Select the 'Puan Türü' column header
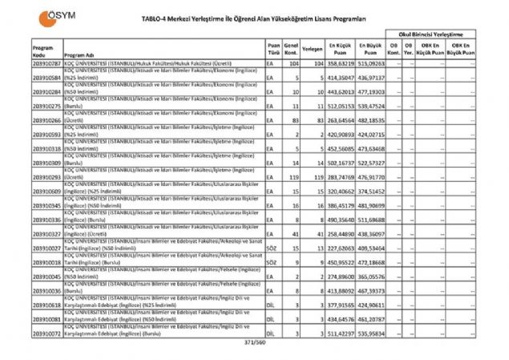[x=273, y=48]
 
